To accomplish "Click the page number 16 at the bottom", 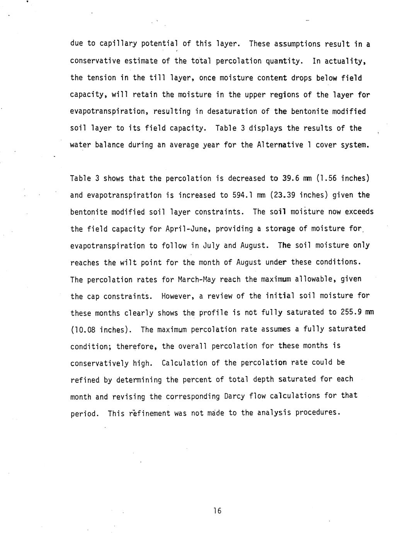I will (x=217, y=511).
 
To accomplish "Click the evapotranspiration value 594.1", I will (x=243, y=195).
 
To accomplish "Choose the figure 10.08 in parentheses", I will (x=85, y=330).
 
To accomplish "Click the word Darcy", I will (x=234, y=396).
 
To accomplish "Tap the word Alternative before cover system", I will (x=280, y=145).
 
